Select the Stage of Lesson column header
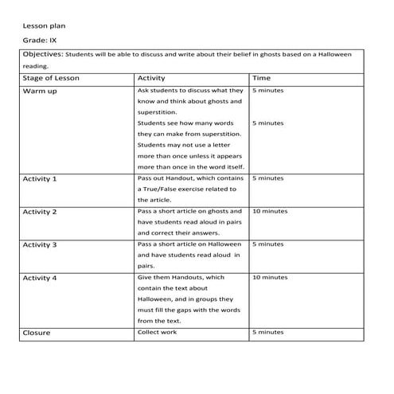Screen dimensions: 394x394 (52, 79)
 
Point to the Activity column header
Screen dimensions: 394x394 (151, 79)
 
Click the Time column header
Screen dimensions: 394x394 (261, 79)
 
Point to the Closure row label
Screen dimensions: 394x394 (37, 333)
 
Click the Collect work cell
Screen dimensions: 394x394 (158, 332)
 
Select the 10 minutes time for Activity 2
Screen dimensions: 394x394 (270, 212)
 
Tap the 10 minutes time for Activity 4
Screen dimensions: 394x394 (270, 277)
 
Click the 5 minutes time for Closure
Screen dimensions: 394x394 (267, 332)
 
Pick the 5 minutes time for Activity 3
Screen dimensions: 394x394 (267, 244)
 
